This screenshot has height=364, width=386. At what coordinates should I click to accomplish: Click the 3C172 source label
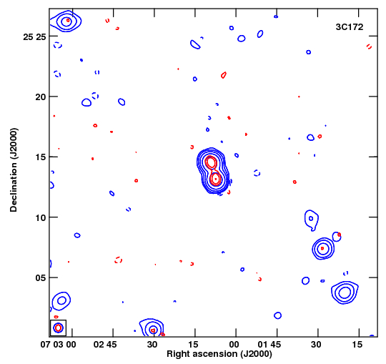[x=350, y=27]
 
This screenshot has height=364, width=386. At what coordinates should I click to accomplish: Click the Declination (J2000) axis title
[x=14, y=170]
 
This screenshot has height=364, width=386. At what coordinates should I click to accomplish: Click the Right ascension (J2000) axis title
[x=219, y=354]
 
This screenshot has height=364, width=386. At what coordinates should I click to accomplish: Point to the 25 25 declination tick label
[x=35, y=37]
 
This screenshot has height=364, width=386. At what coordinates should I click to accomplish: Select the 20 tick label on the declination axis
[x=41, y=97]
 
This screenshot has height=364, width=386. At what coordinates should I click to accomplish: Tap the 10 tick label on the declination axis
[x=41, y=217]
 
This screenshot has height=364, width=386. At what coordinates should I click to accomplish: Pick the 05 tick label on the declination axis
[x=41, y=278]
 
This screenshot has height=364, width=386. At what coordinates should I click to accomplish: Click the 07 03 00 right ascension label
[x=59, y=344]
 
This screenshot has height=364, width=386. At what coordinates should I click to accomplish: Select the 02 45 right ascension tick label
[x=105, y=344]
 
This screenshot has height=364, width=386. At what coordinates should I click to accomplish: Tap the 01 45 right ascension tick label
[x=269, y=344]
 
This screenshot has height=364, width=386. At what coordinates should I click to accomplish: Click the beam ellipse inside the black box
[x=59, y=328]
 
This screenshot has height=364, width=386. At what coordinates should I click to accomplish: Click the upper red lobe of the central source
[x=211, y=162]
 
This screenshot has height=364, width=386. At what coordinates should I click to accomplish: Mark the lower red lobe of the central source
[x=216, y=179]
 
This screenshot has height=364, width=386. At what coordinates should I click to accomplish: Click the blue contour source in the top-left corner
[x=66, y=21]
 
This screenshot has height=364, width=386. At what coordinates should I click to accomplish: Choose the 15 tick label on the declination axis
[x=41, y=157]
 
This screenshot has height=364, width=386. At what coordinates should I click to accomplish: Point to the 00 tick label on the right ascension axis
[x=234, y=344]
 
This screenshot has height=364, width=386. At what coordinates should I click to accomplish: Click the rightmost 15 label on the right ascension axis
[x=357, y=344]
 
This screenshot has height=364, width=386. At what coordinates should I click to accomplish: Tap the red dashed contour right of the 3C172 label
[x=369, y=46]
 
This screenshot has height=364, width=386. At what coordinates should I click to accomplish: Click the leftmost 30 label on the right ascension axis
[x=152, y=344]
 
